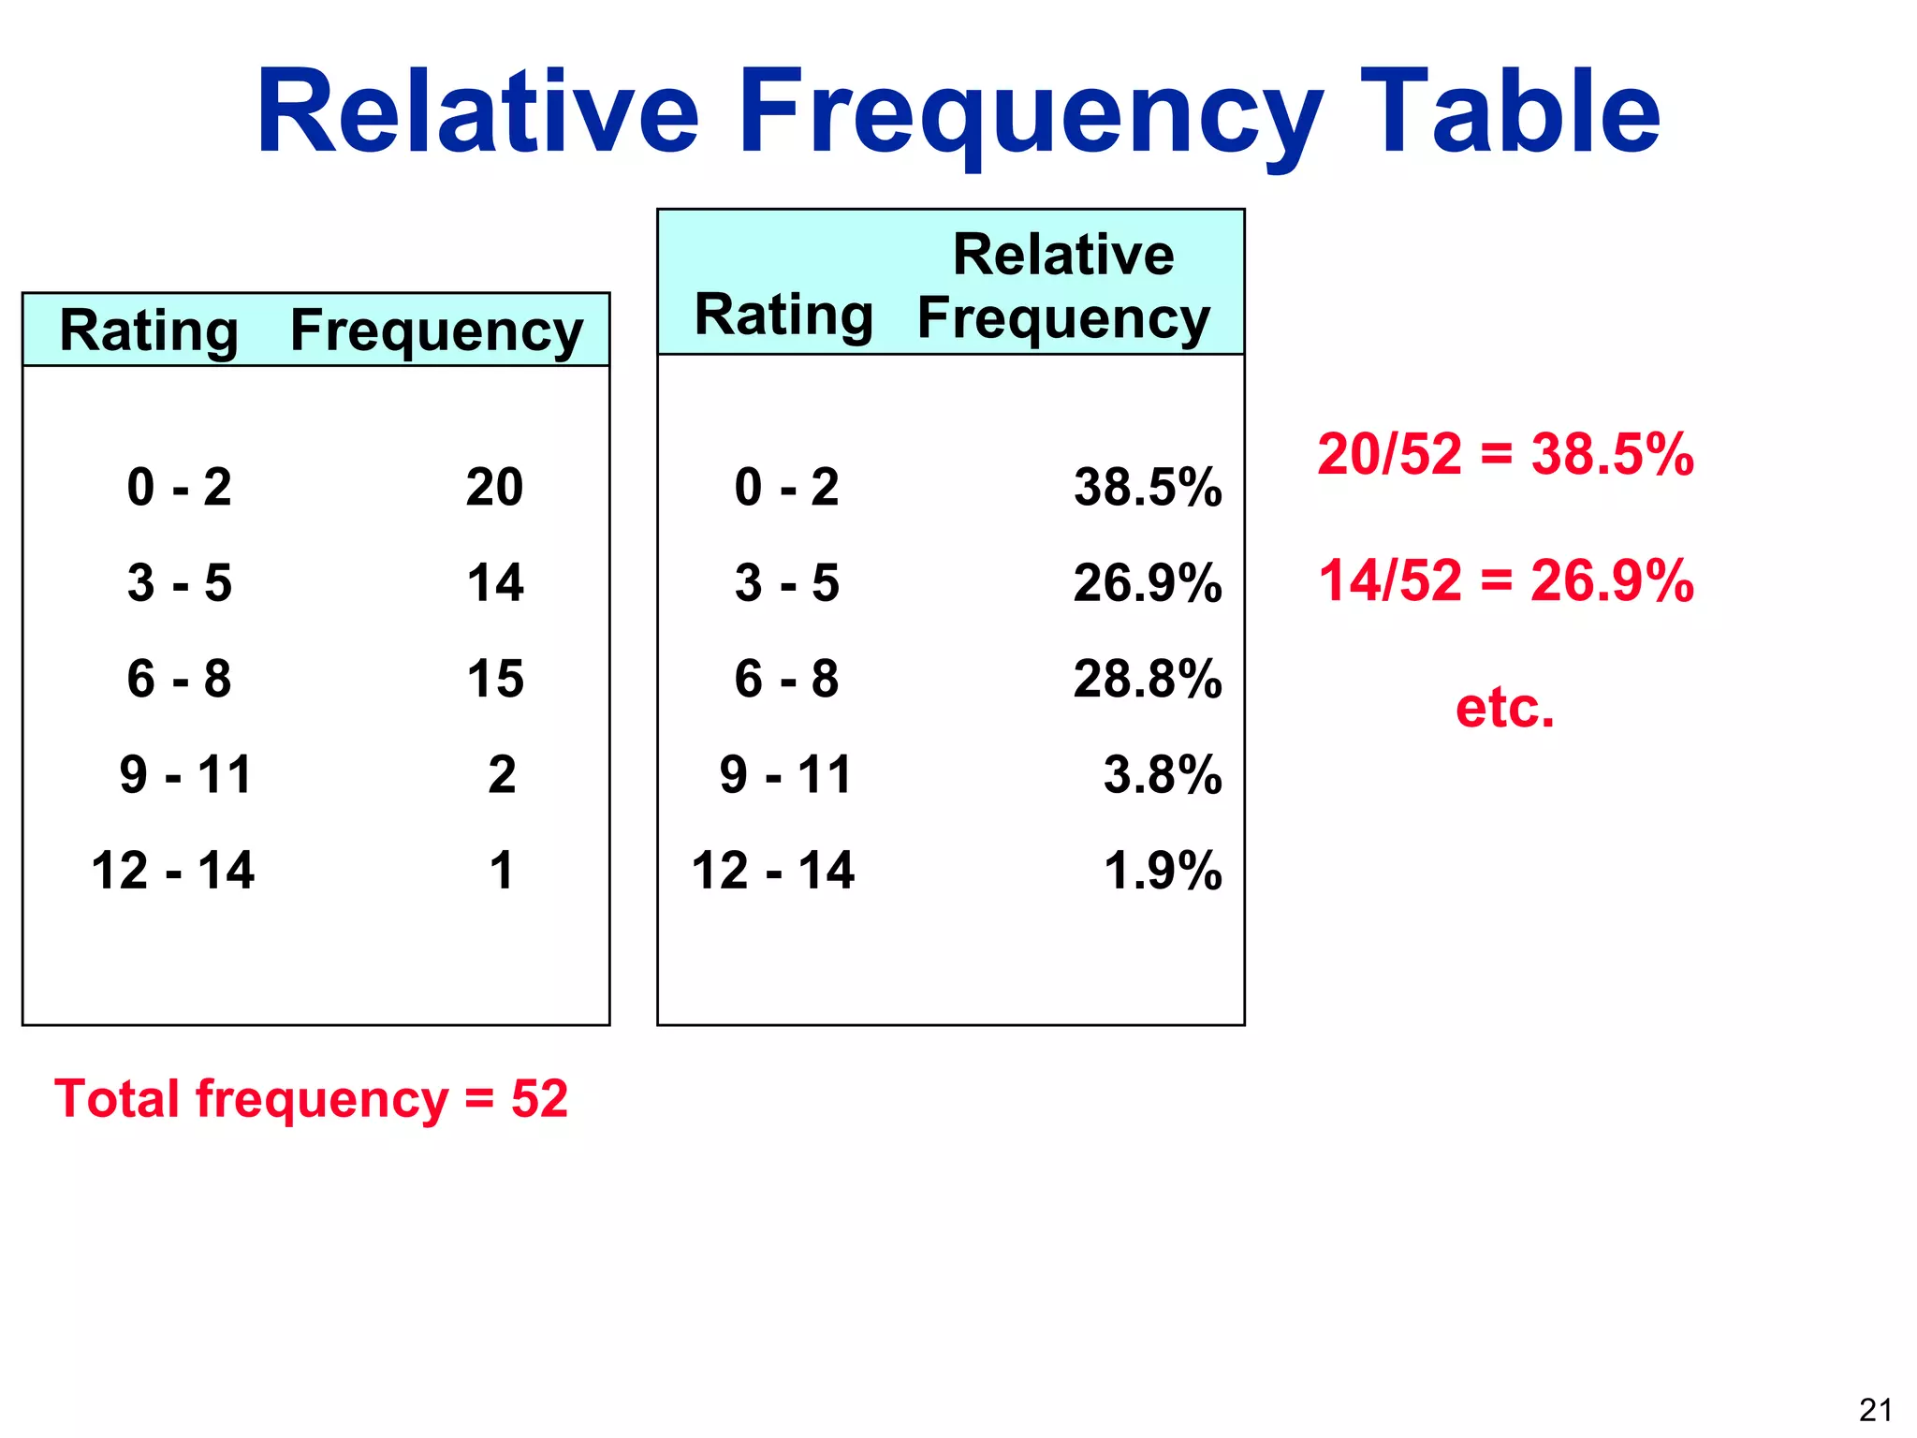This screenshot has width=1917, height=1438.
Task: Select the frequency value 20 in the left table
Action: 494,488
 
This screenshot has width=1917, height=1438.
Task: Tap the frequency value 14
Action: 495,583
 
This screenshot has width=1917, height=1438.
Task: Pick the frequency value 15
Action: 495,679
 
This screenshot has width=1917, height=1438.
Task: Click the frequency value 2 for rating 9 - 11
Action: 502,775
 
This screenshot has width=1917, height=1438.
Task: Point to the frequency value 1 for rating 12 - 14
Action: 502,871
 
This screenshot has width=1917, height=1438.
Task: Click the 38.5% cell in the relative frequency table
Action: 1148,488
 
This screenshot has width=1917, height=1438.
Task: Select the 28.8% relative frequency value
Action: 1148,679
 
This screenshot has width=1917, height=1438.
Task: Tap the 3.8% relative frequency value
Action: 1163,775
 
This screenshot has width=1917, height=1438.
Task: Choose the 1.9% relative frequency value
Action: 1163,871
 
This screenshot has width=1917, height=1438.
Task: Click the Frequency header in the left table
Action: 436,331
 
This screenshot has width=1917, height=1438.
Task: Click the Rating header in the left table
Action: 149,331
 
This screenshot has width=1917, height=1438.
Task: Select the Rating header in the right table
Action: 783,315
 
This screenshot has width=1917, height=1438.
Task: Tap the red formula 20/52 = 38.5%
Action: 1505,455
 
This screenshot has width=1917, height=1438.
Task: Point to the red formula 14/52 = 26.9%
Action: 1505,580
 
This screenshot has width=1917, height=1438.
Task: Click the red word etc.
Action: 1504,708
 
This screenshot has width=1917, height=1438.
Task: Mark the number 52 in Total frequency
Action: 539,1099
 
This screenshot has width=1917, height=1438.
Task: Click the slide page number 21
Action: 1876,1410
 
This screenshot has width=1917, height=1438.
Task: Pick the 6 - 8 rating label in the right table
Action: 786,679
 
